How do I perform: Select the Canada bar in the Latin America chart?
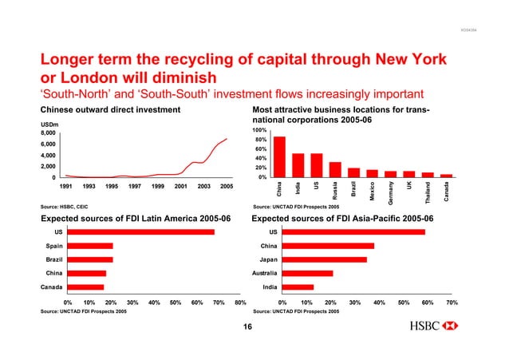click(x=85, y=287)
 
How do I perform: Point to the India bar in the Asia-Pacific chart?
click(x=298, y=287)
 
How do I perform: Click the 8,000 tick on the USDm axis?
click(x=49, y=133)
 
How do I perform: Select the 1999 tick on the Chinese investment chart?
click(x=158, y=186)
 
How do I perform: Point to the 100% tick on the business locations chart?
click(x=259, y=130)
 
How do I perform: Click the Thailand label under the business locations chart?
click(x=428, y=189)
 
